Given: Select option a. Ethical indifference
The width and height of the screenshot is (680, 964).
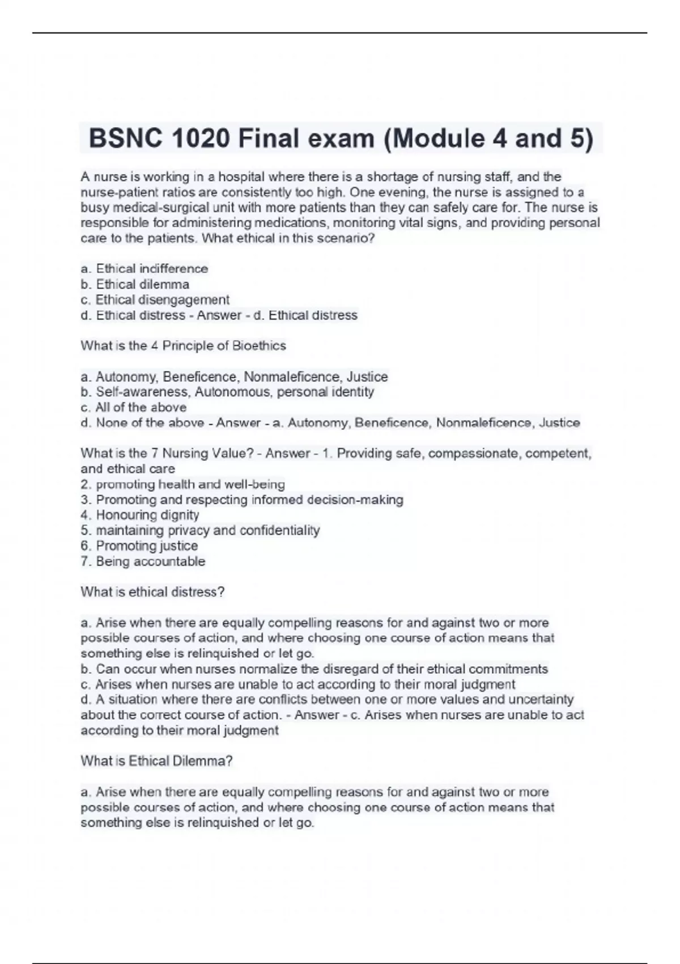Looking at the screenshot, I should tap(144, 268).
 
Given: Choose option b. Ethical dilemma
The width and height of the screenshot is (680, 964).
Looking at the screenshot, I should tap(135, 284).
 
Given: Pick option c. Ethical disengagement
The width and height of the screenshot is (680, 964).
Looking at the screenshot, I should tap(155, 299).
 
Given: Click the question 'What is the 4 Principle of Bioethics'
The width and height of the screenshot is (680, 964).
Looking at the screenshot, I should tap(183, 345).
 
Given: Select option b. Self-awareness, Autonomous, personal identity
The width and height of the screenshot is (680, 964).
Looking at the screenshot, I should tap(227, 392).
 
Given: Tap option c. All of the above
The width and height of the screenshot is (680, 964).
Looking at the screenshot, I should tap(133, 407).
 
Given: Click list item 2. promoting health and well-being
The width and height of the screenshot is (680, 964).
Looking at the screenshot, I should tap(182, 484).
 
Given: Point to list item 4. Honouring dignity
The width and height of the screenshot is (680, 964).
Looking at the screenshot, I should tap(139, 515).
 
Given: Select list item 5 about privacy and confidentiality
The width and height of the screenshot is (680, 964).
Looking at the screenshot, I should tap(200, 530).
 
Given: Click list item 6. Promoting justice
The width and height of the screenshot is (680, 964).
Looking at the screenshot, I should tap(139, 546).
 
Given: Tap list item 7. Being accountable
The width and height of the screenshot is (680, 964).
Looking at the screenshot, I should tap(143, 561).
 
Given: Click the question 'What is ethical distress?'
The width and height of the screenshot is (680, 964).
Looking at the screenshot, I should tap(152, 592).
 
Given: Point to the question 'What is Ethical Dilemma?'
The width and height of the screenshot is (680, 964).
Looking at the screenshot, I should tap(156, 761).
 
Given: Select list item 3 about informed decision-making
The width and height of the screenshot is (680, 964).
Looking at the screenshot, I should tap(242, 500).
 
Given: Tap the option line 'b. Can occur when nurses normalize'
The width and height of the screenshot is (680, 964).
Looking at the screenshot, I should tap(314, 669).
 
